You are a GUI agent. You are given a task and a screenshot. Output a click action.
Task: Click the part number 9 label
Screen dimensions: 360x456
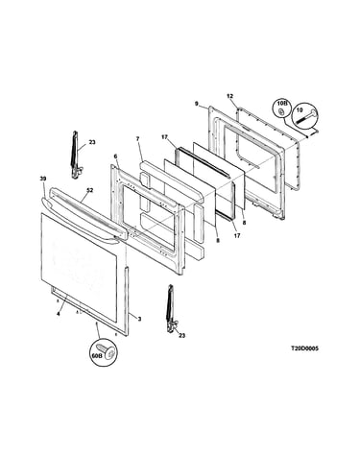(x=196, y=103)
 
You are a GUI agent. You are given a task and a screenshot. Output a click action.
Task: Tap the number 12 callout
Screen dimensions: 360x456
(x=230, y=96)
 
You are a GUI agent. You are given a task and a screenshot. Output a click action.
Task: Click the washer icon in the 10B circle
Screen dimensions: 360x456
(x=281, y=111)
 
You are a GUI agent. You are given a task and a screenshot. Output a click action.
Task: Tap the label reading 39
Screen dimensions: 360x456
(x=43, y=179)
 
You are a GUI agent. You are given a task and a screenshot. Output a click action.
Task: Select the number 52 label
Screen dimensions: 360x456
(x=90, y=190)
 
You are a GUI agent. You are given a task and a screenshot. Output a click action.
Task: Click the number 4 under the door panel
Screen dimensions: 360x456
(x=58, y=314)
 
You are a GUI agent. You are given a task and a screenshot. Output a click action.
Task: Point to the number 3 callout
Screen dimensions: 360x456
(x=139, y=319)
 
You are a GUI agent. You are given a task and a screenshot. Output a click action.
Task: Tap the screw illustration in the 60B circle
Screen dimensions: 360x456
(x=108, y=351)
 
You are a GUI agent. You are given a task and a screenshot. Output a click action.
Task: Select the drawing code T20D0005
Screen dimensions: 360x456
(x=304, y=348)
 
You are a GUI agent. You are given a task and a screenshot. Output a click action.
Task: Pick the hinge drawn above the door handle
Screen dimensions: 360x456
(x=76, y=155)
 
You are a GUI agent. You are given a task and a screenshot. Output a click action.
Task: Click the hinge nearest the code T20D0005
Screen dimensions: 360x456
(x=171, y=309)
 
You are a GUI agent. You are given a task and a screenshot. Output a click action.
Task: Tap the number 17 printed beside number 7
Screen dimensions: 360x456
(x=164, y=137)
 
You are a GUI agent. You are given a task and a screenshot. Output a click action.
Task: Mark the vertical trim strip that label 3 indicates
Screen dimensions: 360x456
(x=127, y=301)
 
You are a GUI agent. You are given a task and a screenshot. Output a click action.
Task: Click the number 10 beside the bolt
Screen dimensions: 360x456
(x=300, y=109)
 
